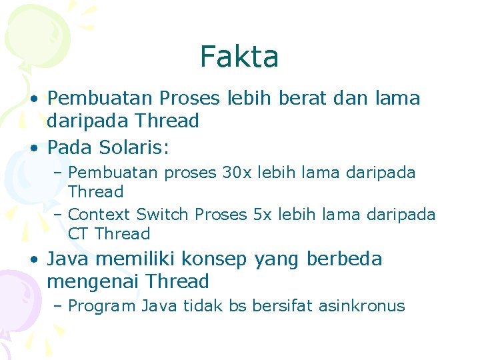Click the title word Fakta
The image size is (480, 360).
239,57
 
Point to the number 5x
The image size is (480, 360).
263,215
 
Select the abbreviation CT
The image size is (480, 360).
79,234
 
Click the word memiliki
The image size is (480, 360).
137,259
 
